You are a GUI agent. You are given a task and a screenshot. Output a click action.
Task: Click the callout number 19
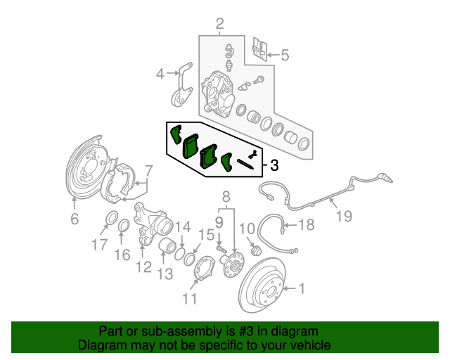342,217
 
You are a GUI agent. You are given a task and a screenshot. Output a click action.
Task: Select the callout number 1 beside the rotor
302,288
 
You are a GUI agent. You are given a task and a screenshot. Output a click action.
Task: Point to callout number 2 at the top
219,25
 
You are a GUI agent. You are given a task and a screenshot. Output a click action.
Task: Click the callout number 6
284,55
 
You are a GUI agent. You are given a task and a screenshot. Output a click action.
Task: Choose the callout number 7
75,219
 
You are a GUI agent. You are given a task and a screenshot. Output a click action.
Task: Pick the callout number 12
148,171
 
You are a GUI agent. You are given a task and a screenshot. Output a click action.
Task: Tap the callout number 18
307,226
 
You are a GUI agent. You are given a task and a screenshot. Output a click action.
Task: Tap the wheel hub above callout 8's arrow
233,265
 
